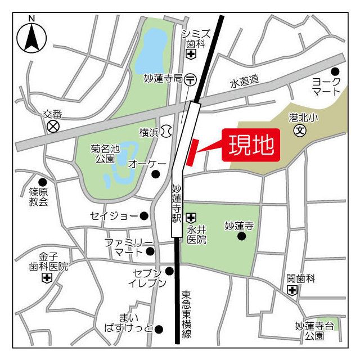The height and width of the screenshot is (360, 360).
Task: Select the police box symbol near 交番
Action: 53,126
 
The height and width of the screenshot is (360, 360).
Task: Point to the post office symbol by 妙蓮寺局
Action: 191,79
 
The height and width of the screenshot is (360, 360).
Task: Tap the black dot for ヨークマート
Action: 335,71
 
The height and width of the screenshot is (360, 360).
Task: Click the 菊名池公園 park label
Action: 105,154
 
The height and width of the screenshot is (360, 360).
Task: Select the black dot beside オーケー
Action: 156,174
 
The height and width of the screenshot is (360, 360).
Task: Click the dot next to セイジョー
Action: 144,215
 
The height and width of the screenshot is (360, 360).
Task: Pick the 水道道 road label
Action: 244,82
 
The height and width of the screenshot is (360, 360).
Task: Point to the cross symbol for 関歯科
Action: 292,290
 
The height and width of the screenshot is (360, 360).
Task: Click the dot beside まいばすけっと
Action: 159,329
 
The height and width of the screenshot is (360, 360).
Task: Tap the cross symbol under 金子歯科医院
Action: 47,278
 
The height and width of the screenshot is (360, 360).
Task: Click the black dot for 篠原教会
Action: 42,181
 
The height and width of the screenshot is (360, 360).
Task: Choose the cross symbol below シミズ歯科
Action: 191,55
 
